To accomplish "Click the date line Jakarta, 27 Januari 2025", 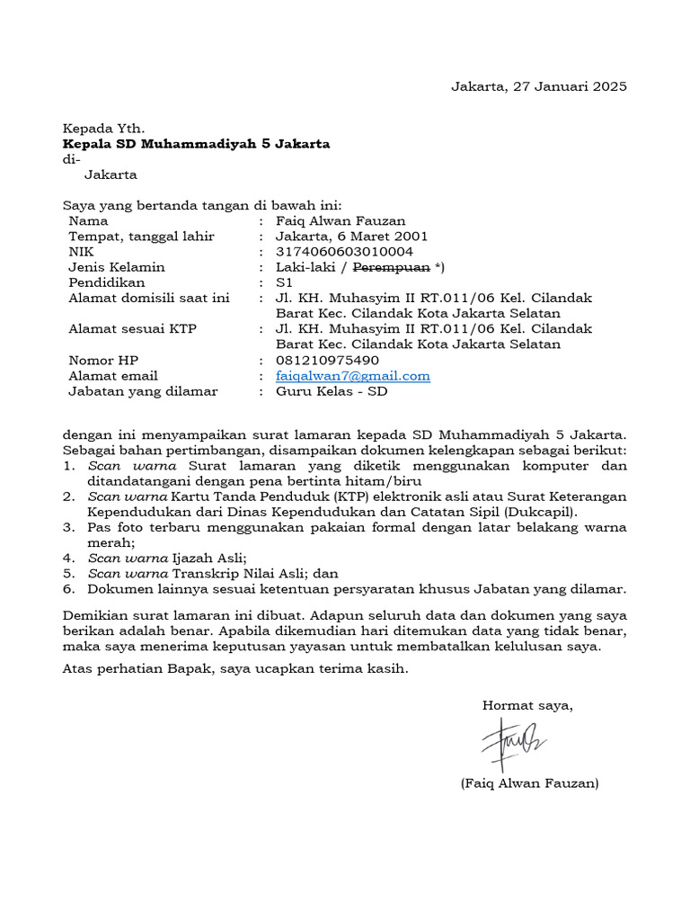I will [x=538, y=86].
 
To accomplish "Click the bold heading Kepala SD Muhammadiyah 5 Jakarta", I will [x=196, y=144].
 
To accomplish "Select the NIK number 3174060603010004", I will [x=345, y=252].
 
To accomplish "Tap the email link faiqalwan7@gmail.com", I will [x=353, y=376].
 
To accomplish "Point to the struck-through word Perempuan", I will [x=393, y=267].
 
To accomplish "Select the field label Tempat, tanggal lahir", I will [x=141, y=237].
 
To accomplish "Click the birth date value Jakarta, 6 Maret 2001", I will [x=345, y=237].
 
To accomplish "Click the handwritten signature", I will [x=514, y=743].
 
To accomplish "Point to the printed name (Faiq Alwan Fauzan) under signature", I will [x=529, y=783].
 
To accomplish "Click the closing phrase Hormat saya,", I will [x=527, y=705].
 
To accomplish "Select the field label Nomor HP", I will [x=103, y=361].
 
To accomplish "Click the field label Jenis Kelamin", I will [x=117, y=267].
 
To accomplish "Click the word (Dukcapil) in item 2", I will [x=544, y=512].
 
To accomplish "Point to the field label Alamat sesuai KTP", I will [x=132, y=329].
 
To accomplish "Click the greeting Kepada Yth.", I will [x=102, y=129].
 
